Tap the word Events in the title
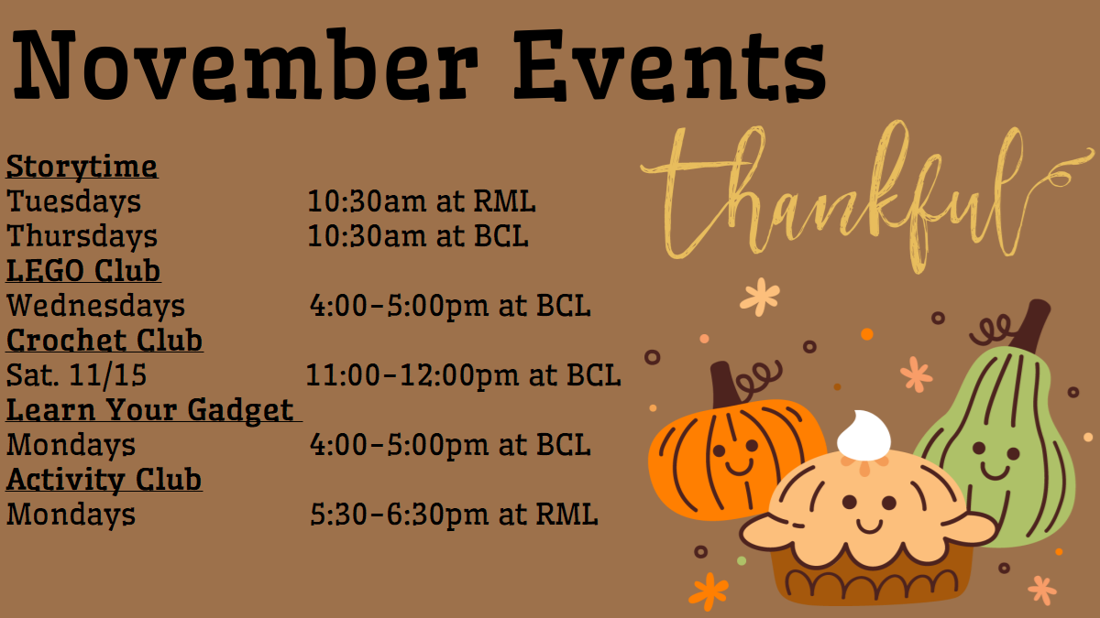pos(670,65)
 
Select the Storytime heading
pos(82,167)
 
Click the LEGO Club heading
pos(83,271)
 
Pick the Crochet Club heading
pos(104,340)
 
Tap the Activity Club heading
pos(104,479)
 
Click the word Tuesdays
pos(73,201)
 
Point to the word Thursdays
pos(82,236)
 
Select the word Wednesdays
pos(95,306)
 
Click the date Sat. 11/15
pos(77,375)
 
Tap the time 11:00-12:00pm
pos(412,375)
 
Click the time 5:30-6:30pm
pos(400,515)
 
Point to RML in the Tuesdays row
pos(504,201)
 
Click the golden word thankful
pos(867,196)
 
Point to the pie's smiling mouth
pos(870,526)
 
